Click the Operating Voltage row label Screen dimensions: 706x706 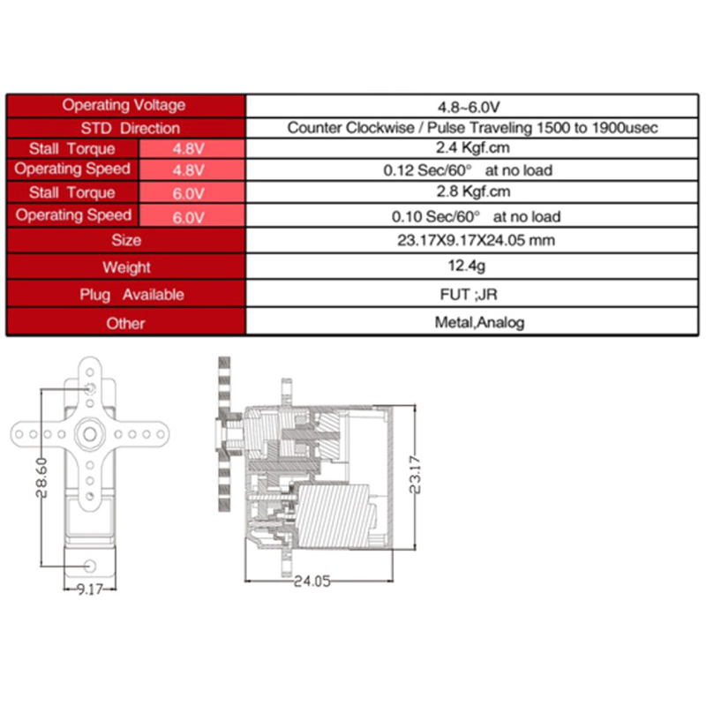coord(124,105)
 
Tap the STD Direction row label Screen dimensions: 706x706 coord(130,128)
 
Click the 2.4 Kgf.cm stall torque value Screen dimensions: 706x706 coord(473,147)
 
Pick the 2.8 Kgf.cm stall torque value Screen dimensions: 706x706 coord(473,192)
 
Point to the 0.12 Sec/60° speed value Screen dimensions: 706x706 coord(427,170)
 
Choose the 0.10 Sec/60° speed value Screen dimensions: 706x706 coord(435,216)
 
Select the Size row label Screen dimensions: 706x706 coord(126,240)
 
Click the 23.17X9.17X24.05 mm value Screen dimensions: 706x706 coord(476,240)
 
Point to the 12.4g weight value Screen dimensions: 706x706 coord(467,266)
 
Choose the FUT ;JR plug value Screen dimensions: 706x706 coord(469,295)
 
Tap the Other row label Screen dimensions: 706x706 coord(125,323)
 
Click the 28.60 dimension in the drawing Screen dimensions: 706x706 coord(41,477)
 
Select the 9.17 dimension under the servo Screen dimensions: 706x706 coord(90,589)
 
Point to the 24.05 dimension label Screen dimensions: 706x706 coord(312,582)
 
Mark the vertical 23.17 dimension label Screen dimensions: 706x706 coord(415,475)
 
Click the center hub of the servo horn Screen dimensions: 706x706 coord(90,434)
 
